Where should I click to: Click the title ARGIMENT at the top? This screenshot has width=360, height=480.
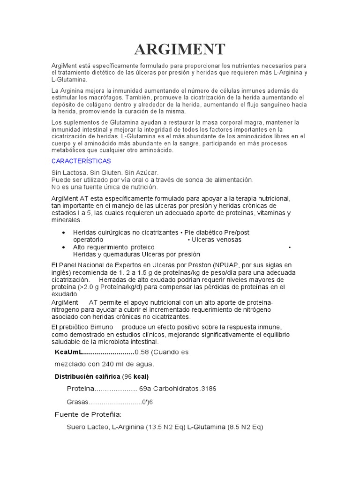pyautogui.click(x=180, y=49)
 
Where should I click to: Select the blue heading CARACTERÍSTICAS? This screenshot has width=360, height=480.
pyautogui.click(x=81, y=161)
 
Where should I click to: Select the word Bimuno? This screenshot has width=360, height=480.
pyautogui.click(x=99, y=327)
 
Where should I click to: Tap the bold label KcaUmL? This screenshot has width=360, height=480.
pyautogui.click(x=68, y=352)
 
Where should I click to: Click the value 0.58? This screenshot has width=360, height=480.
pyautogui.click(x=141, y=352)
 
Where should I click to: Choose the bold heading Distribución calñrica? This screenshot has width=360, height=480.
pyautogui.click(x=87, y=376)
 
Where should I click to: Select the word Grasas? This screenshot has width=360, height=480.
pyautogui.click(x=77, y=402)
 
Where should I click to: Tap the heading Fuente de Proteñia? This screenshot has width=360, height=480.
pyautogui.click(x=88, y=414)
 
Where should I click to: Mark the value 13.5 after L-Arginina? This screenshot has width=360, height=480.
pyautogui.click(x=156, y=427)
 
